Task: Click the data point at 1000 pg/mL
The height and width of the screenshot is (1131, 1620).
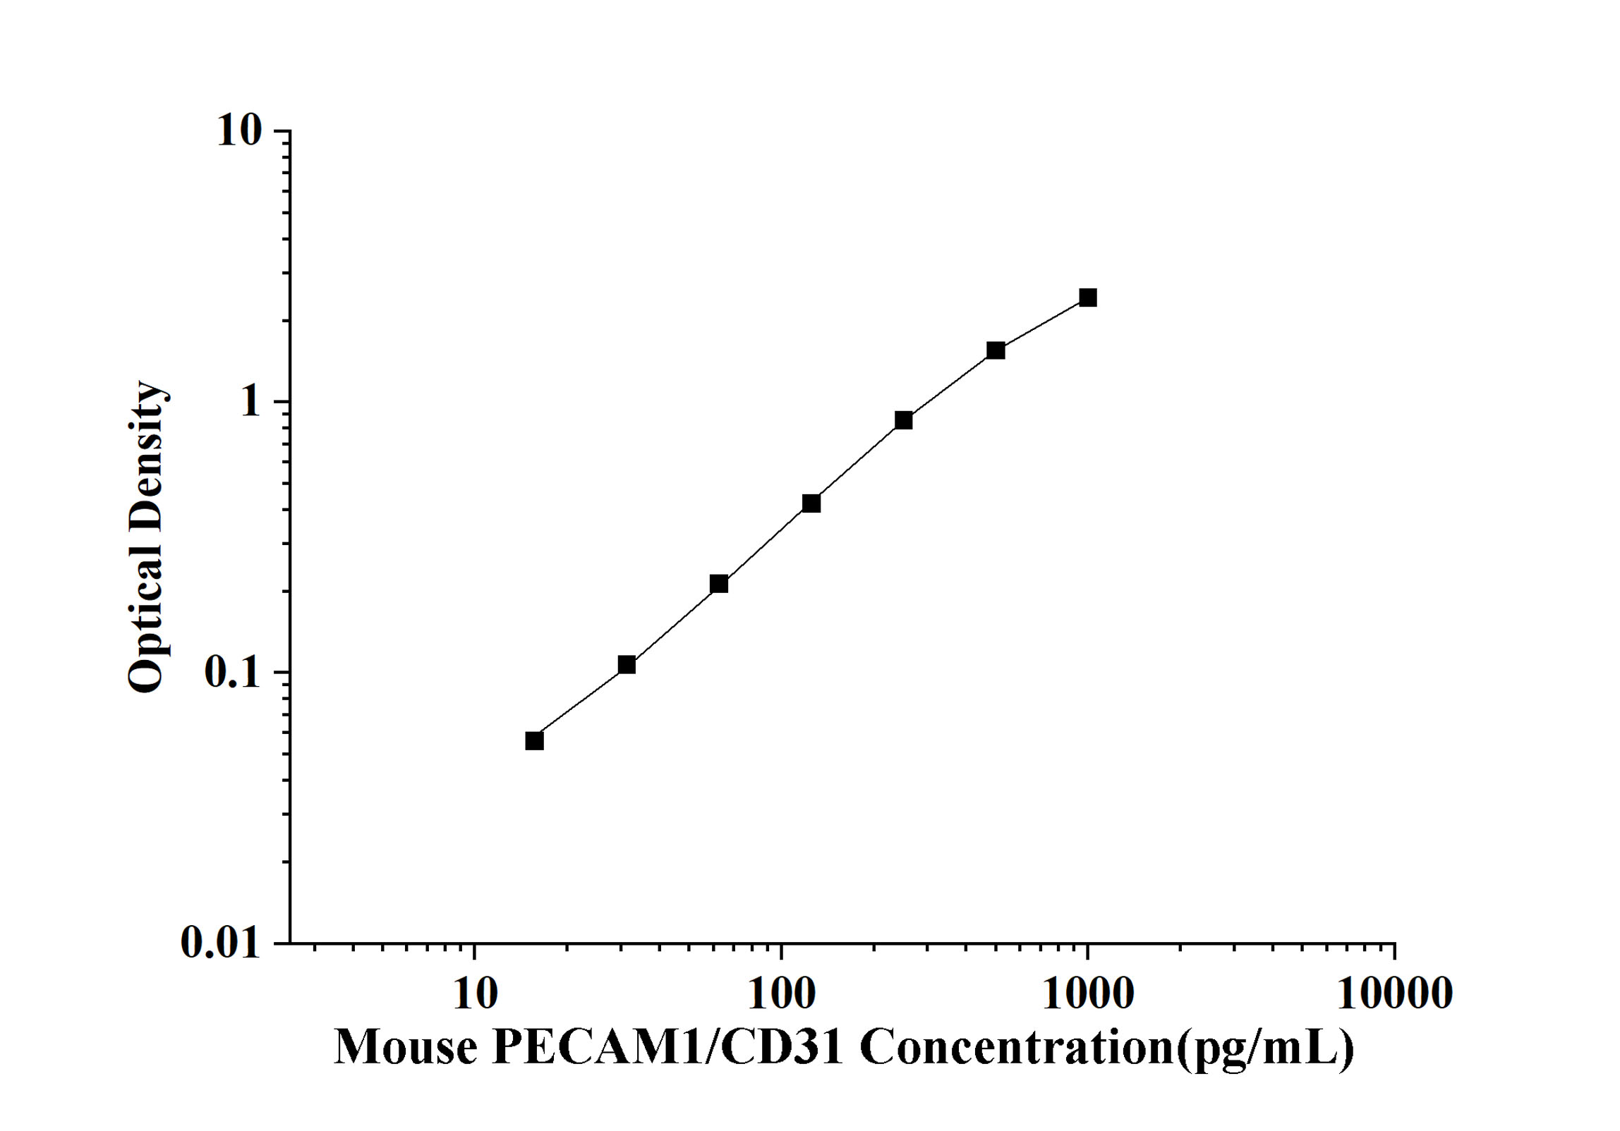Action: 1088,298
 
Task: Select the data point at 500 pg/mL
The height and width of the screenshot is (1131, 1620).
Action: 996,350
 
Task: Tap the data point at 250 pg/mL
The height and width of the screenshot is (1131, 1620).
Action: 904,420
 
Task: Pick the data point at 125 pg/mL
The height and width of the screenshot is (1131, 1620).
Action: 811,503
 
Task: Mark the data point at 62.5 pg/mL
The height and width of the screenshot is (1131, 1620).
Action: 719,584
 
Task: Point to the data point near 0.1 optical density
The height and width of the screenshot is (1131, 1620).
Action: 627,665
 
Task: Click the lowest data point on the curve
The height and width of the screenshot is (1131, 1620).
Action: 535,741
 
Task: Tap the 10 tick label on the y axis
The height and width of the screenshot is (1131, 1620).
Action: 239,131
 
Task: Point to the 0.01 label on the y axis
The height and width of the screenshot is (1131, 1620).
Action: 220,943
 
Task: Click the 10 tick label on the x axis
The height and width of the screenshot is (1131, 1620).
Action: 474,994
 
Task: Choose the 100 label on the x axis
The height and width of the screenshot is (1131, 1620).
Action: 781,994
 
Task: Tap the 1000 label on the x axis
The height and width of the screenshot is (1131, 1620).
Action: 1088,994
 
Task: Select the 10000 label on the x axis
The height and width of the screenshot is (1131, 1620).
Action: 1394,994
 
